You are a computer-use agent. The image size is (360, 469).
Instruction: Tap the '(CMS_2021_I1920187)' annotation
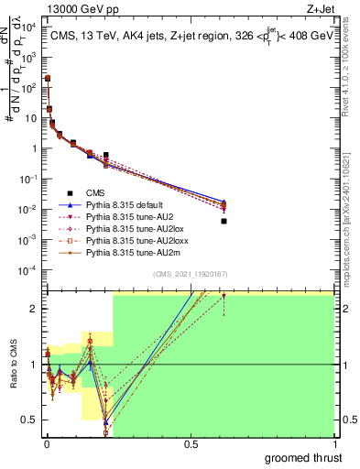190,272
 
